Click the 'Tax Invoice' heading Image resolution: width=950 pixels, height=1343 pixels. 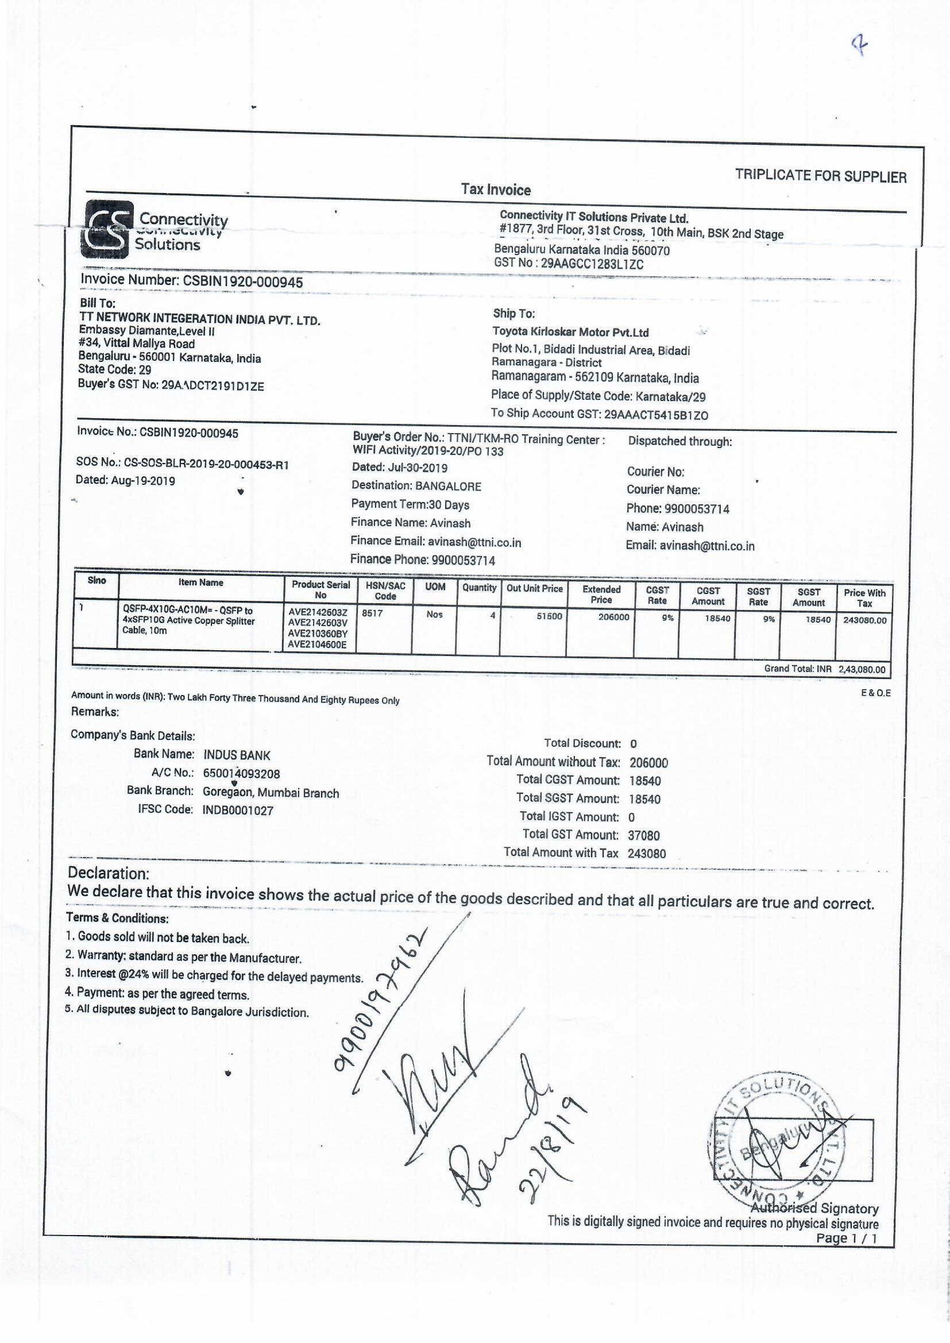click(x=496, y=190)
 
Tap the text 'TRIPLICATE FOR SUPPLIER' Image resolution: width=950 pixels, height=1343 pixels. click(x=821, y=175)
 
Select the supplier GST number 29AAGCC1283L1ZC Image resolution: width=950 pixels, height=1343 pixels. click(x=592, y=264)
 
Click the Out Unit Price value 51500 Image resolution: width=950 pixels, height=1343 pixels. click(x=549, y=616)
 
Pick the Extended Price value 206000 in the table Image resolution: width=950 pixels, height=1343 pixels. click(x=613, y=616)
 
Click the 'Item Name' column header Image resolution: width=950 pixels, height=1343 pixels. click(x=200, y=582)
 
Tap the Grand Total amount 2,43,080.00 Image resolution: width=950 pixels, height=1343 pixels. click(x=862, y=670)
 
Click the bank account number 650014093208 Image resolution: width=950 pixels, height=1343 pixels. click(x=242, y=774)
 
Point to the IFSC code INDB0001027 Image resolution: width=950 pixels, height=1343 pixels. click(x=238, y=811)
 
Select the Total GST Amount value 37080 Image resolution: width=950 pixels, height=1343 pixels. click(x=643, y=836)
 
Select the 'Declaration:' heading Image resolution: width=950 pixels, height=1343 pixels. click(x=109, y=873)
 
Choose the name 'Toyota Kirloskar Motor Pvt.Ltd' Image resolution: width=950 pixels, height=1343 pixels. click(x=570, y=332)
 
